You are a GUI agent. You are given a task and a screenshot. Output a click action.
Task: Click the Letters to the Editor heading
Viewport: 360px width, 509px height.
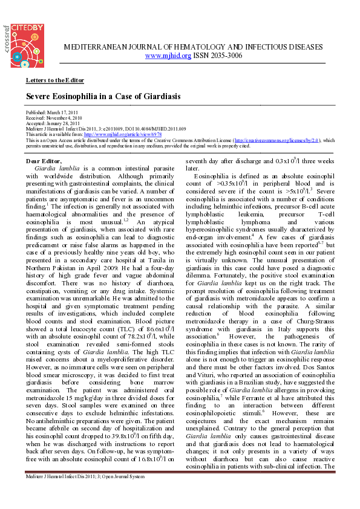click(x=54, y=80)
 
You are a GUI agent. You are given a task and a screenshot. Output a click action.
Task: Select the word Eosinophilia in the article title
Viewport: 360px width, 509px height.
click(x=75, y=97)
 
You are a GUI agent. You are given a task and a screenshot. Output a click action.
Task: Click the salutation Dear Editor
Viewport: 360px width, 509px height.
click(x=43, y=161)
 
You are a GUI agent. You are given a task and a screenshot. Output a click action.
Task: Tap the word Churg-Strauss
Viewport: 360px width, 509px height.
click(x=306, y=315)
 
